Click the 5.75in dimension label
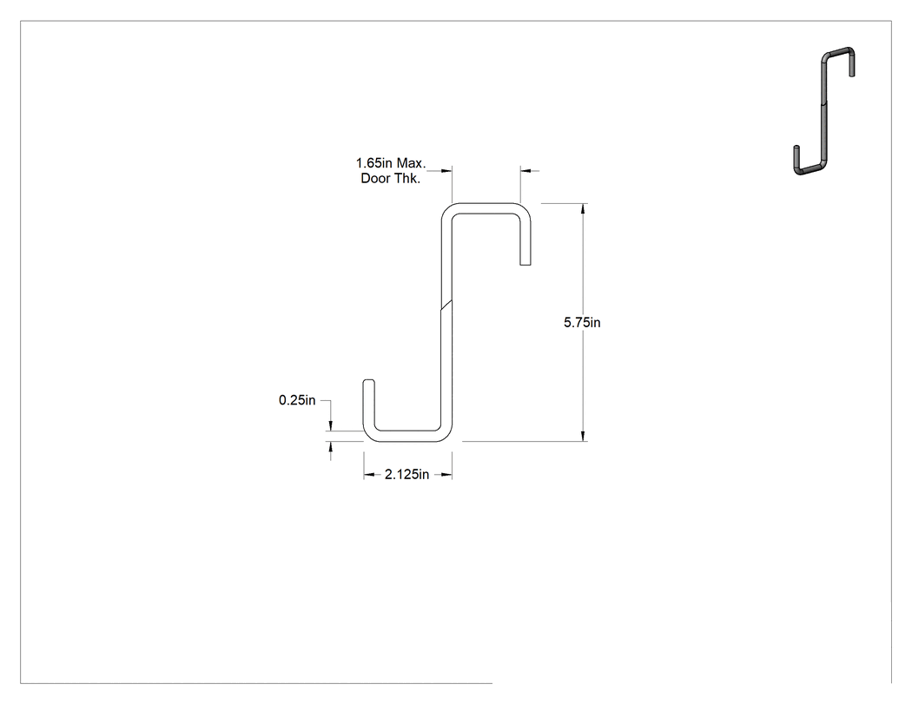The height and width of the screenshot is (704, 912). pos(582,323)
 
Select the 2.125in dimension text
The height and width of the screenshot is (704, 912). pos(406,475)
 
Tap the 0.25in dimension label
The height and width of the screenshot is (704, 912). pos(297,400)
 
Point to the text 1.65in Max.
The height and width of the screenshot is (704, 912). pos(391,163)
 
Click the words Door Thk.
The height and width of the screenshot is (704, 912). pos(390,179)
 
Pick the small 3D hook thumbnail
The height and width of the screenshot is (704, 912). pos(824,111)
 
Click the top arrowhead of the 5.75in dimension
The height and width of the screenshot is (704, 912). pos(583,208)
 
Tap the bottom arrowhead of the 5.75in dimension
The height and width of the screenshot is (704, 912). pos(583,436)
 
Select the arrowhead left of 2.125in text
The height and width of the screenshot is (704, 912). pos(369,475)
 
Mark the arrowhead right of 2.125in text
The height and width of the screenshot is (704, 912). pos(446,475)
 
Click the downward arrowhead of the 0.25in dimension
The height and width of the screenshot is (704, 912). pos(331,426)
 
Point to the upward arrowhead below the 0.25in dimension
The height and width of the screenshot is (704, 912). pos(331,446)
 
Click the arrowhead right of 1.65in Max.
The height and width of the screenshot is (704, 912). pos(446,171)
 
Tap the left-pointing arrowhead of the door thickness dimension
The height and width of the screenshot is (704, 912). pos(525,171)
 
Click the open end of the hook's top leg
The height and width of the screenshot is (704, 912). pos(525,265)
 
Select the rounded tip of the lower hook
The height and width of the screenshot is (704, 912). pos(369,381)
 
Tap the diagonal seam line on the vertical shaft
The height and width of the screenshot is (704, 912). pos(446,306)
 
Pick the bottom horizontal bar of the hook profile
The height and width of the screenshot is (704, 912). pos(407,437)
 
